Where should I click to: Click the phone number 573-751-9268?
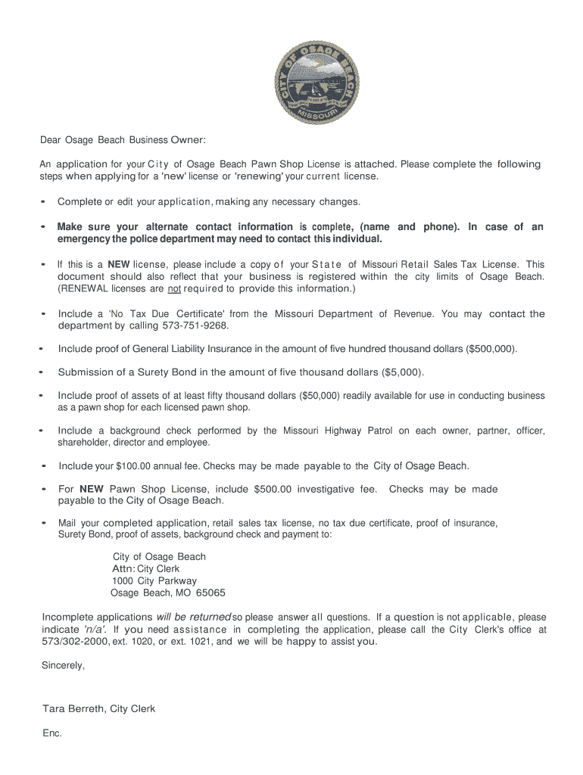(195, 326)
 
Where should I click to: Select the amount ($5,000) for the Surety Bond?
(403, 372)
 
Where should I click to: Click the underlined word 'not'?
(174, 289)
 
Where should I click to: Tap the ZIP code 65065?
(210, 593)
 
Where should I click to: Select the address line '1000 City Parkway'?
(154, 581)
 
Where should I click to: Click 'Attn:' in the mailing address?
(123, 569)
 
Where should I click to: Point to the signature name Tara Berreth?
(74, 709)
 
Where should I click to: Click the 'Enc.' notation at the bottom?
(51, 733)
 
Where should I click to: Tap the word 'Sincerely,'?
(62, 666)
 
